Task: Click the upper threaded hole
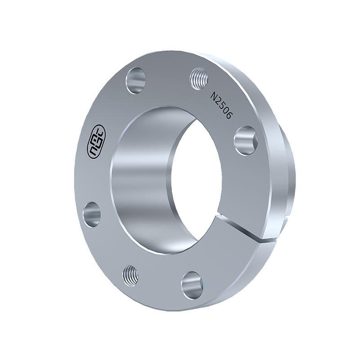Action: (x=199, y=79)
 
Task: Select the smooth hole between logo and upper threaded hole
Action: (x=136, y=81)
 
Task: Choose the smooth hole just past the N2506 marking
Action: (x=246, y=140)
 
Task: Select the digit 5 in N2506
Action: (x=221, y=104)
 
